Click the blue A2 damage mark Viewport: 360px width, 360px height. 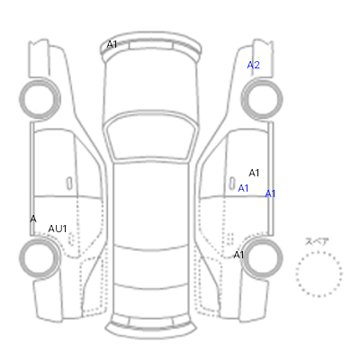254,65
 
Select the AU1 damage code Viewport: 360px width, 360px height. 58,229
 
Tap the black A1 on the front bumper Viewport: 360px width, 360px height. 112,45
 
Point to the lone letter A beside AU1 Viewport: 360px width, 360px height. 33,219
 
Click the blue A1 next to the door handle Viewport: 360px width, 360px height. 243,188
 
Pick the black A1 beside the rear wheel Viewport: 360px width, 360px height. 238,255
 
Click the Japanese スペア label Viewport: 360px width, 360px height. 317,241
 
